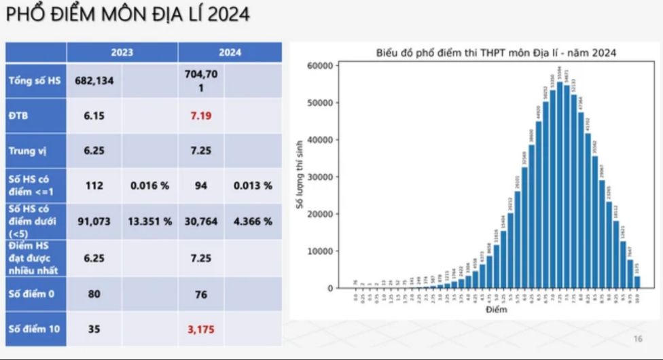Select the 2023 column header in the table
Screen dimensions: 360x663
coord(122,52)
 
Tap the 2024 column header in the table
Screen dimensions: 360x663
coord(230,52)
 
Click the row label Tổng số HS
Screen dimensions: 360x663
coord(35,81)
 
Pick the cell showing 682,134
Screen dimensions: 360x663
coord(94,81)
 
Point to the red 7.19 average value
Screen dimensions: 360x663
coord(201,115)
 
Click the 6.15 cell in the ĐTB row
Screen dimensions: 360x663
coord(94,115)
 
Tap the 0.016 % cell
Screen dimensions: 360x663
coord(149,185)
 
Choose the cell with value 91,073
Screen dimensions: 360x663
coord(94,221)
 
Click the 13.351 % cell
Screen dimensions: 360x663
coord(149,221)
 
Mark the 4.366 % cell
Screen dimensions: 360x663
coord(253,221)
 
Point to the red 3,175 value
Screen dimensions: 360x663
coord(201,329)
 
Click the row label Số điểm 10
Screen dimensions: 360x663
coord(33,329)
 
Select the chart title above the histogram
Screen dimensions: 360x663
coord(496,52)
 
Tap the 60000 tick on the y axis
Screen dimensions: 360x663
coord(319,66)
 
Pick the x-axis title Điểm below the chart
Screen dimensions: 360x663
coord(496,310)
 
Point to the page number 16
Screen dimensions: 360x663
coord(637,339)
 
